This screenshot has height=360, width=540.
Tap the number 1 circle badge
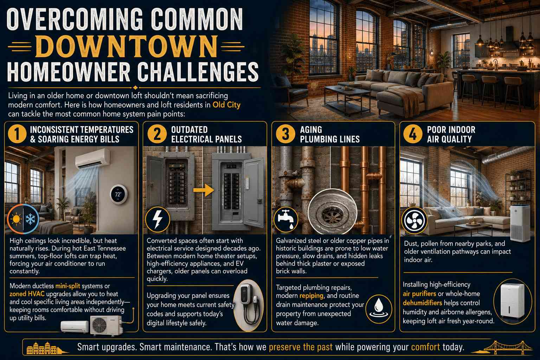click(17, 134)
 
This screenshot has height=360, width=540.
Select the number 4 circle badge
click(413, 134)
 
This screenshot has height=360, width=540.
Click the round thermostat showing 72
click(118, 194)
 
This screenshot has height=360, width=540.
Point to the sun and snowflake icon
click(23, 219)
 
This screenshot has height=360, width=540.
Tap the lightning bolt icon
click(157, 219)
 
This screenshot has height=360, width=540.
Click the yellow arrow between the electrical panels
click(204, 190)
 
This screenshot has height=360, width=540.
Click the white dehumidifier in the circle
click(512, 301)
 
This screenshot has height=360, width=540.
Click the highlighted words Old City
click(226, 105)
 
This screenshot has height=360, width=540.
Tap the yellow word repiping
click(311, 296)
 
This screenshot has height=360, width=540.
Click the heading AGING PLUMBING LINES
click(329, 134)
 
